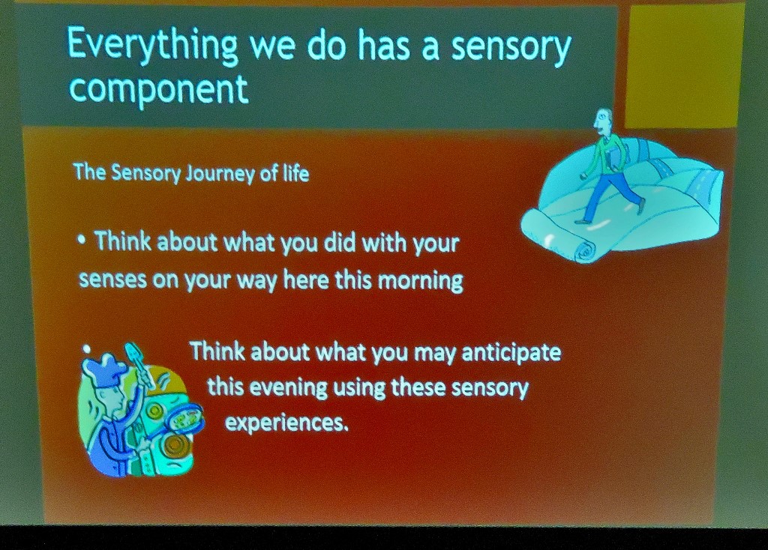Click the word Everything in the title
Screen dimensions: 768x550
pyautogui.click(x=152, y=46)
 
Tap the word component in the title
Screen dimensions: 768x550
pyautogui.click(x=159, y=89)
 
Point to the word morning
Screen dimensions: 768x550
pyautogui.click(x=420, y=280)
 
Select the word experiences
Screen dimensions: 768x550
pyautogui.click(x=286, y=423)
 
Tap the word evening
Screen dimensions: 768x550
pyautogui.click(x=289, y=387)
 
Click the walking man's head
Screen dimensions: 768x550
pyautogui.click(x=603, y=120)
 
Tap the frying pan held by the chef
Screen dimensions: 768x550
pyautogui.click(x=184, y=417)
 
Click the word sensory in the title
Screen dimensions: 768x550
pyautogui.click(x=511, y=47)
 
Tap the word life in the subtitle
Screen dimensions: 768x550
pyautogui.click(x=295, y=173)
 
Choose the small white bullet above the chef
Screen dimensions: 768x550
pyautogui.click(x=87, y=348)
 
